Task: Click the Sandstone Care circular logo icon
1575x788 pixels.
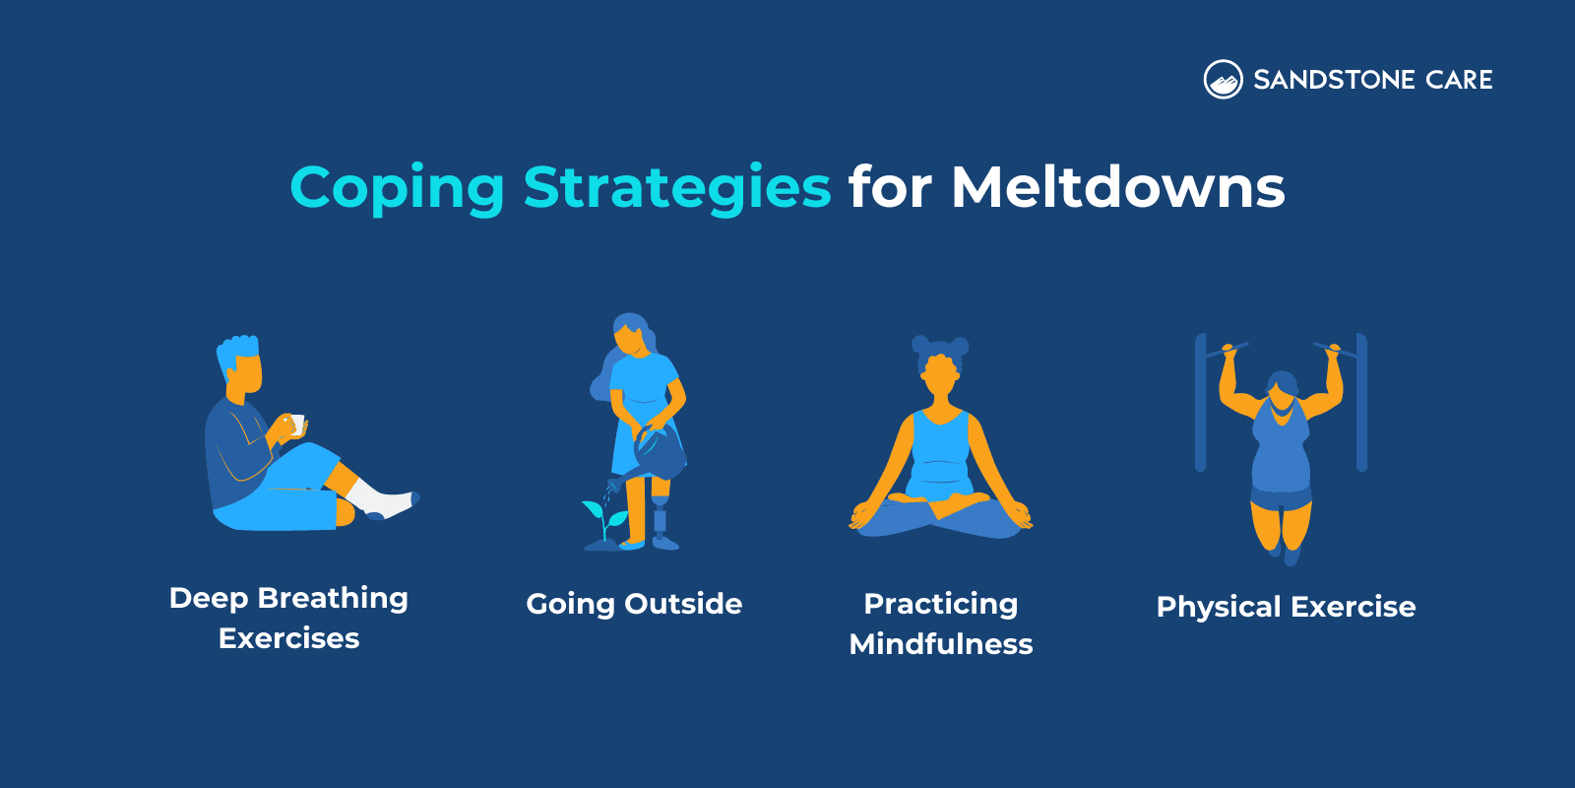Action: click(1223, 80)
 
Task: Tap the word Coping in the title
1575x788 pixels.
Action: click(397, 187)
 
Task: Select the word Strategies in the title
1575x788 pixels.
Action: click(677, 187)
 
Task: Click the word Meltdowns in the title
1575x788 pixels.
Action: click(1117, 187)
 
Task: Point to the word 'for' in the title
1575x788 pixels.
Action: click(889, 187)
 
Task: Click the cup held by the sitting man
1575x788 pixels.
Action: click(295, 425)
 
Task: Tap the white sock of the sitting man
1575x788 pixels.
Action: click(379, 497)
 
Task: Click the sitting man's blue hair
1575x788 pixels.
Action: click(238, 349)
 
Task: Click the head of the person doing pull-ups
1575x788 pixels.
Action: click(1282, 390)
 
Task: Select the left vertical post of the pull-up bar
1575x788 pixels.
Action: click(1200, 404)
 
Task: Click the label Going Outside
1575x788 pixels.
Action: click(634, 604)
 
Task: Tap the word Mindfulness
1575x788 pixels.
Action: click(941, 644)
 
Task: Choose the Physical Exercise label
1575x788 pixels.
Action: click(1286, 607)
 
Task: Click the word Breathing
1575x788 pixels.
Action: click(333, 599)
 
